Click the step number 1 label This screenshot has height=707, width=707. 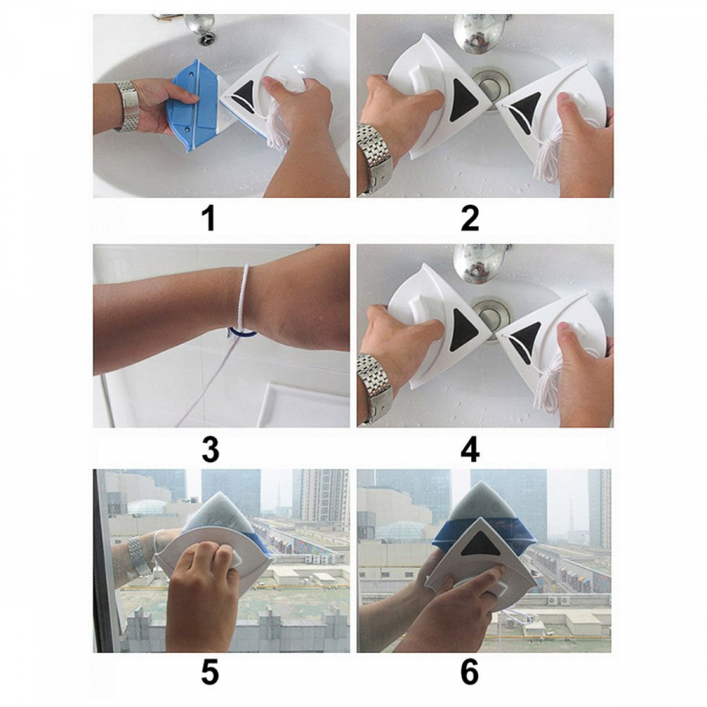[x=209, y=218]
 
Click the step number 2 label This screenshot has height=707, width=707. [x=470, y=218]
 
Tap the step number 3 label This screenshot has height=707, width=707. [x=211, y=449]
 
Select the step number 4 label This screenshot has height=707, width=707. [x=470, y=449]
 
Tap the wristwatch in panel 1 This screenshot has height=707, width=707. [x=127, y=106]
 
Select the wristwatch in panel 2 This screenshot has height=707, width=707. [x=373, y=158]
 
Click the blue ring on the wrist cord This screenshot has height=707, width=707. [x=242, y=333]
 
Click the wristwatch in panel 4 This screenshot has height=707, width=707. [x=373, y=388]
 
